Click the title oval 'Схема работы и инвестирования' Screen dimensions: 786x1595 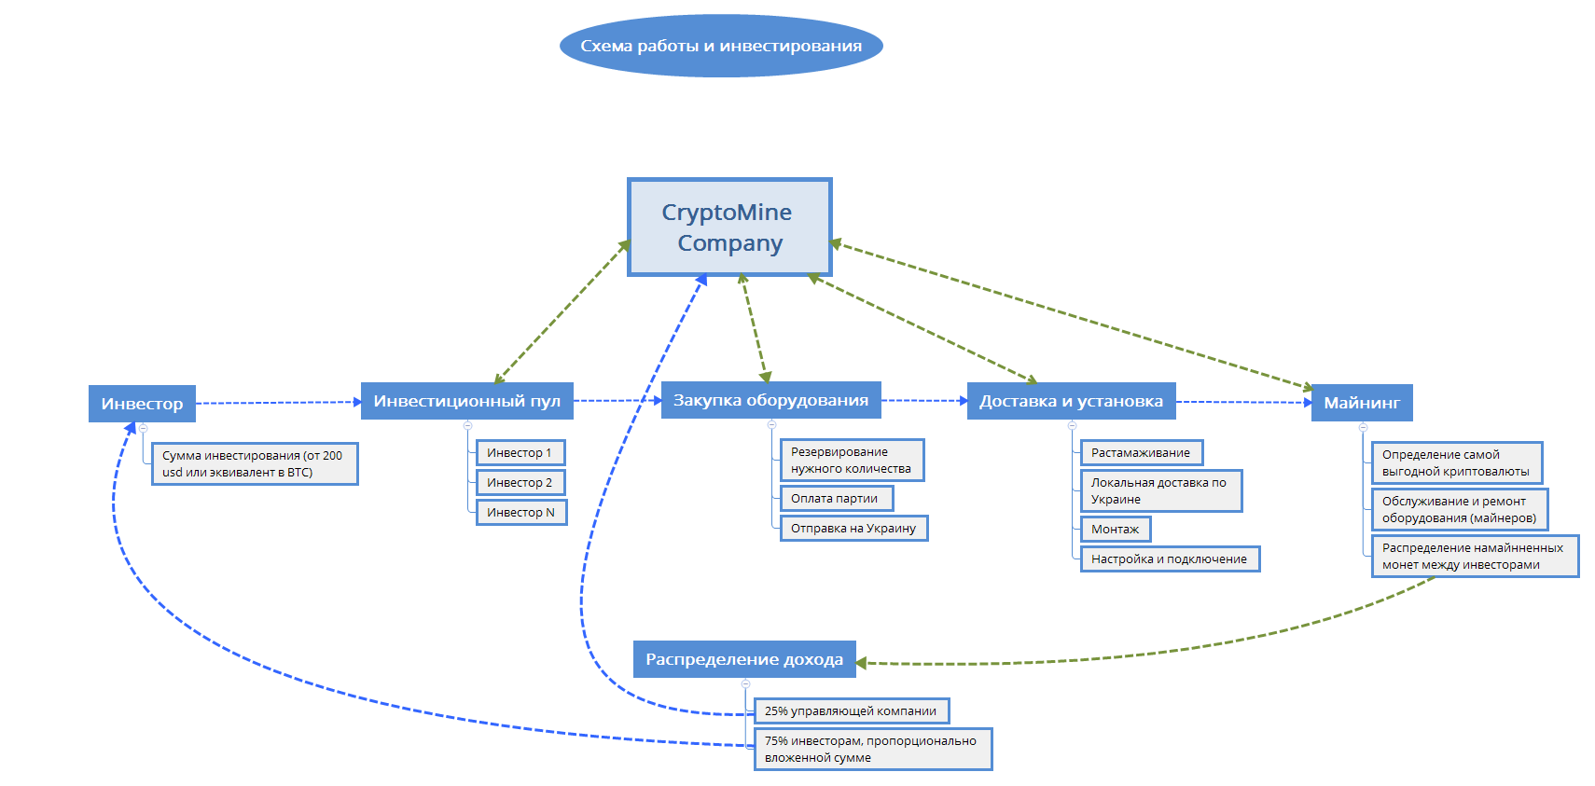pos(721,46)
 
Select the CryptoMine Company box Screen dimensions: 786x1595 pos(728,228)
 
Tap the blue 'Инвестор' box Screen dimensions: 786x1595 pos(142,404)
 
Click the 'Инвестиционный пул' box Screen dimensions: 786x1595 pos(466,401)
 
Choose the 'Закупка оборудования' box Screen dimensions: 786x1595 pos(770,400)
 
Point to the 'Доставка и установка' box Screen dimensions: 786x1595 pos(1071,401)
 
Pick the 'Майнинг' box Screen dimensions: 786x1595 pos(1362,403)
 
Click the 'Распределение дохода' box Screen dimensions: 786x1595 pos(744,659)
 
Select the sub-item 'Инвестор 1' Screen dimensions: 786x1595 pos(520,453)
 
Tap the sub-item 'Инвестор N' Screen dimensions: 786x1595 pos(521,513)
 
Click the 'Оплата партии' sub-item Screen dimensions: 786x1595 pos(836,499)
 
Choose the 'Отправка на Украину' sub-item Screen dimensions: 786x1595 pos(853,529)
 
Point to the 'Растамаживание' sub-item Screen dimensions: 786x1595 pos(1142,453)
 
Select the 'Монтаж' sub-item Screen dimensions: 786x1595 pos(1116,530)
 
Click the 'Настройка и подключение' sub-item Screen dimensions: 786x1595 pos(1170,559)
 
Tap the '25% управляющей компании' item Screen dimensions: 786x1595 pos(851,711)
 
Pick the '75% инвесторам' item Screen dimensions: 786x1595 pos(872,750)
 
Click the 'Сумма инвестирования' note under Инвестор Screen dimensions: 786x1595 pos(254,464)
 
